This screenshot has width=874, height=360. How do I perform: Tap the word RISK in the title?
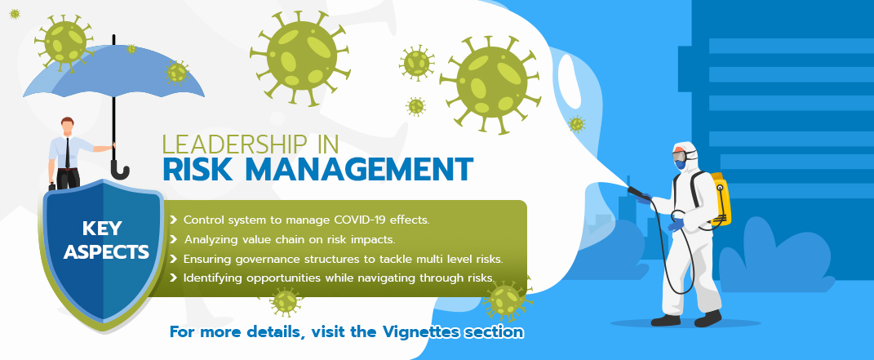pos(196,170)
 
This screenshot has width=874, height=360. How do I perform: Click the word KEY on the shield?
pos(102,229)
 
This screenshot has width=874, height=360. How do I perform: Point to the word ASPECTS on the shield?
pos(106,252)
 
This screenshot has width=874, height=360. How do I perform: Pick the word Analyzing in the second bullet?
pos(212,240)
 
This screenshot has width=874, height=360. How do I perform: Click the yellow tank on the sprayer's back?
pos(720,199)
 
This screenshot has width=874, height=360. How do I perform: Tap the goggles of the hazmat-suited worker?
pos(680,157)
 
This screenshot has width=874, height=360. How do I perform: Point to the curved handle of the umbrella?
pos(120,171)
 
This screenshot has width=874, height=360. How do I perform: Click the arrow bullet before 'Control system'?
pos(173,220)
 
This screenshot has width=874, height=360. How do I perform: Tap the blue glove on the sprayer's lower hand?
pos(676,225)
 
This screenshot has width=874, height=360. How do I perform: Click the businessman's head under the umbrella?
pos(68,127)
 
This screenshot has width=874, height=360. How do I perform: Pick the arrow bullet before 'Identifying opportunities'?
pos(173,278)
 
